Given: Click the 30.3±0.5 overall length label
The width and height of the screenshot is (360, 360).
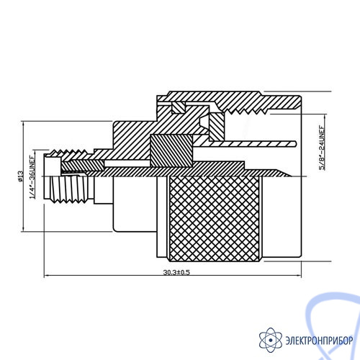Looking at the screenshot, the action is (x=176, y=272).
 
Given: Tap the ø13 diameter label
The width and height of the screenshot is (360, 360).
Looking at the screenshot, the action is (x=20, y=176).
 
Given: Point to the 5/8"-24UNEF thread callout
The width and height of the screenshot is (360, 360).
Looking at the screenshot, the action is (x=322, y=148).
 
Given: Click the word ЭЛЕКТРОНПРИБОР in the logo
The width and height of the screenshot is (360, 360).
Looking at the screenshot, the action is (x=319, y=341).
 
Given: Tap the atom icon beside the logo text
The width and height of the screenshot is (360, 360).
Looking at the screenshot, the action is (x=271, y=340).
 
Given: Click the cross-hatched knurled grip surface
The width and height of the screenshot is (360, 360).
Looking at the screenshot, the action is (x=215, y=219).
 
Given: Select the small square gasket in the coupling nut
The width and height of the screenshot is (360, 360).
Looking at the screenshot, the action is (x=179, y=107).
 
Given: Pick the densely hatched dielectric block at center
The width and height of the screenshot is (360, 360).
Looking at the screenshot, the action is (x=171, y=150).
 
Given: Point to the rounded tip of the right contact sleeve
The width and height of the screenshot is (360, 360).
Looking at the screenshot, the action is (x=295, y=143).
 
